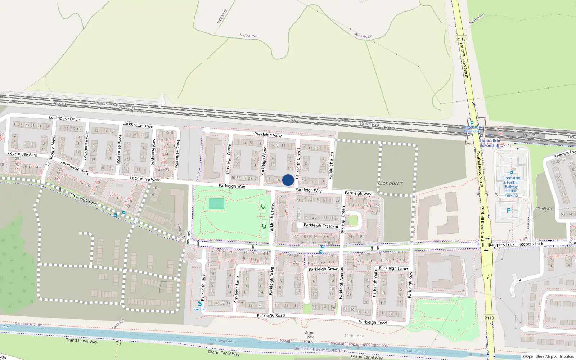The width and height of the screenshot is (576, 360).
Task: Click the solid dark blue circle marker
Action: click(x=288, y=180)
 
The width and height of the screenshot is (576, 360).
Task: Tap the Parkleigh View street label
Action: click(x=268, y=135)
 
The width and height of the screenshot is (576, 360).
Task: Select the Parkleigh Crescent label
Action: click(x=321, y=226)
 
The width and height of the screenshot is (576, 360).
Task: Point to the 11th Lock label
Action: click(x=354, y=336)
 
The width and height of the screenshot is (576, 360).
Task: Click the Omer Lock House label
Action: click(x=309, y=337)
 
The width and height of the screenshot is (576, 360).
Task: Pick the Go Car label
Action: click(x=200, y=309)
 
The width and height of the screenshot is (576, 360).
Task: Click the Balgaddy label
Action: click(x=222, y=17)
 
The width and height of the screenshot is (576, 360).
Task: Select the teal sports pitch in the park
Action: click(x=216, y=203)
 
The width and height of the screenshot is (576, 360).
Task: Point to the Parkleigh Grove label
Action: click(x=323, y=269)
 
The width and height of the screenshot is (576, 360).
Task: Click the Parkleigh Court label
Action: click(x=393, y=268)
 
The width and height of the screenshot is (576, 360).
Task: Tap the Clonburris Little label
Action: click(x=28, y=324)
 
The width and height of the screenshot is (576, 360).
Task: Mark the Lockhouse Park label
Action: click(x=23, y=154)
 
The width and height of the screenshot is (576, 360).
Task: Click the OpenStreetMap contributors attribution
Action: click(x=548, y=356)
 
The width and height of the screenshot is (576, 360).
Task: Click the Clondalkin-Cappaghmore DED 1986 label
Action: click(x=357, y=345)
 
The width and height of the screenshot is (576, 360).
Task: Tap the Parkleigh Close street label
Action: click(x=203, y=286)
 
